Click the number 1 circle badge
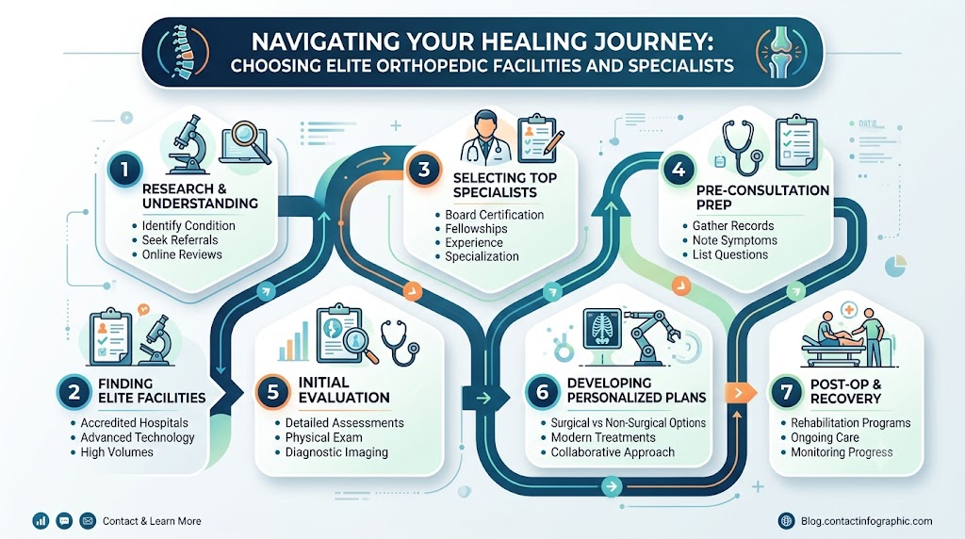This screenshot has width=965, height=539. click(x=124, y=170)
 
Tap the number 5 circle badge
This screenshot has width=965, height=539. click(x=272, y=392)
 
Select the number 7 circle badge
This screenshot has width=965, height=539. click(x=787, y=391)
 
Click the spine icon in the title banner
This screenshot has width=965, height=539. click(x=183, y=53)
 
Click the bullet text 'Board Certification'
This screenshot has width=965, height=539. click(x=494, y=215)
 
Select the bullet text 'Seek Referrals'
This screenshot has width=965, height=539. click(x=180, y=240)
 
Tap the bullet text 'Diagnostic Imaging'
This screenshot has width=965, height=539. click(x=336, y=452)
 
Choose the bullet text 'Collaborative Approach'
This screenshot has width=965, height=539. click(x=613, y=452)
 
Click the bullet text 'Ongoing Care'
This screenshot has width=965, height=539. click(x=825, y=437)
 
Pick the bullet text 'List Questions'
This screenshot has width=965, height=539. click(x=730, y=254)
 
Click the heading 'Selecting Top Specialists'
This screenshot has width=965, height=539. click(x=505, y=186)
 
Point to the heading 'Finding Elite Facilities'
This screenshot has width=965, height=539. click(x=152, y=391)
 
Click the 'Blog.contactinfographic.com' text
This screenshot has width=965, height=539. click(x=867, y=521)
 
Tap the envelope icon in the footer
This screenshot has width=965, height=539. click(x=88, y=521)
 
